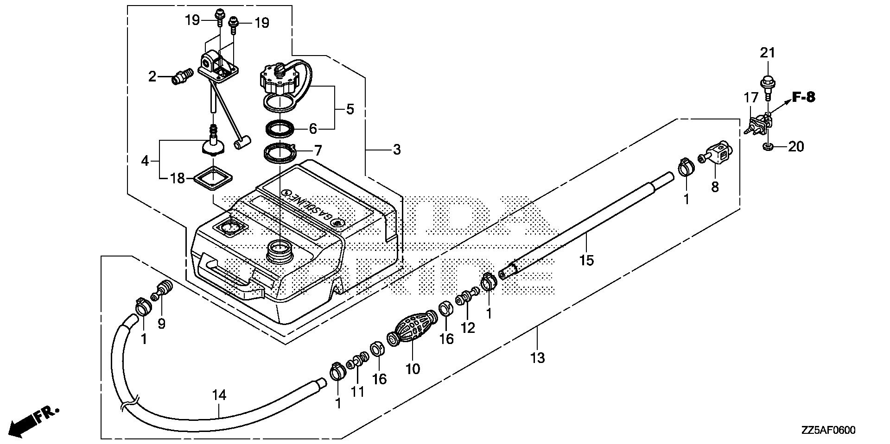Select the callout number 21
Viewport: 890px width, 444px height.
pyautogui.click(x=767, y=53)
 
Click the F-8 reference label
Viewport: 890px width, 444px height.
pyautogui.click(x=803, y=97)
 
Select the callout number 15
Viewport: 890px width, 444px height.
pyautogui.click(x=586, y=260)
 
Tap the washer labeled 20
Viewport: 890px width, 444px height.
pyautogui.click(x=767, y=147)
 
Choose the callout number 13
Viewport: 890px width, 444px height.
pyautogui.click(x=538, y=357)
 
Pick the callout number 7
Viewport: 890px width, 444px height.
pyautogui.click(x=318, y=150)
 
